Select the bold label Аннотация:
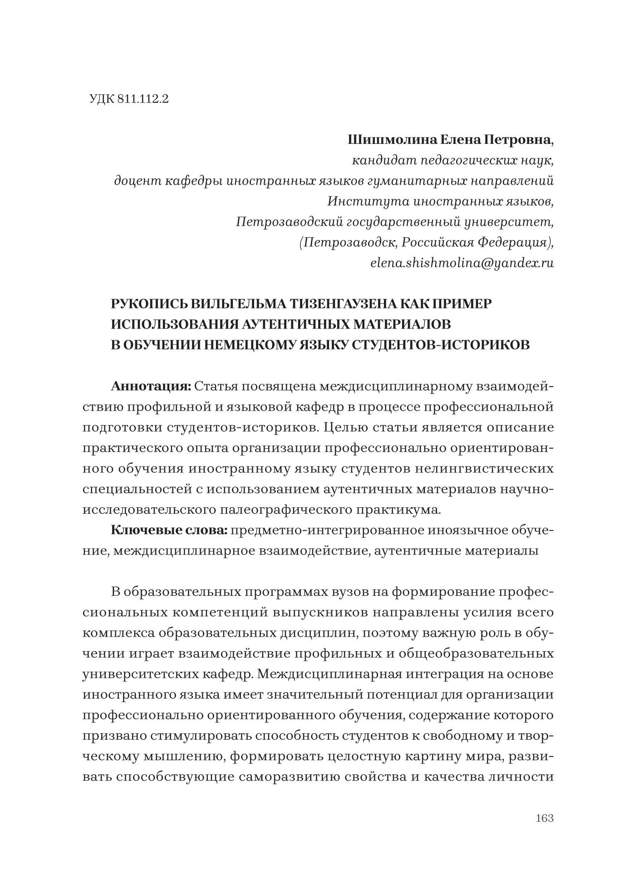(x=151, y=386)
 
